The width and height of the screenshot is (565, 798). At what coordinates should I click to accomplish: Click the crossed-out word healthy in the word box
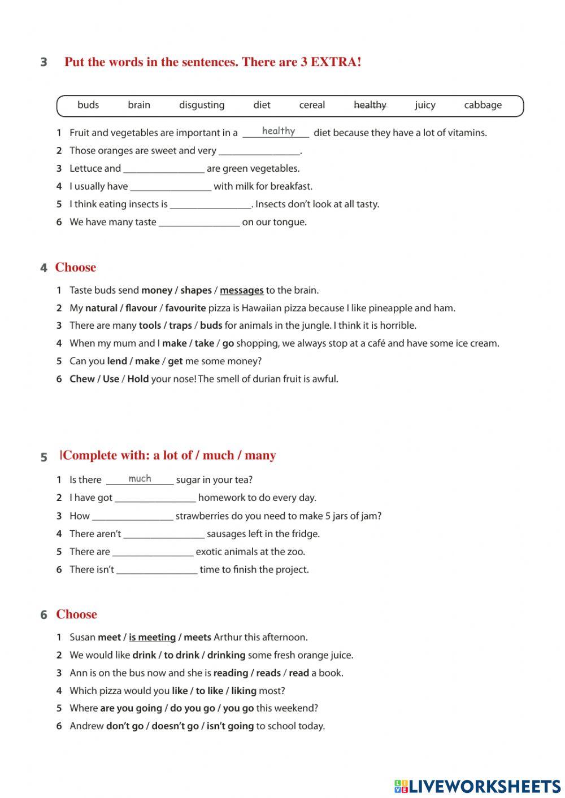coord(370,105)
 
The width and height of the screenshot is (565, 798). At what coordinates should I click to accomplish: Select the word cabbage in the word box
coord(483,105)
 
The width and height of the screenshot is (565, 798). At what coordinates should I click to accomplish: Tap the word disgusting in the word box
coord(202,105)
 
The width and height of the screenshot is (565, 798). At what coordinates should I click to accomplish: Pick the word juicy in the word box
coord(425,105)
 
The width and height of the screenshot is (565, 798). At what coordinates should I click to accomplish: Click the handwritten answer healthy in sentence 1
coord(278,131)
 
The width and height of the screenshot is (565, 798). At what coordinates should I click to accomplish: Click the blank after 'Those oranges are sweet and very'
coord(259,151)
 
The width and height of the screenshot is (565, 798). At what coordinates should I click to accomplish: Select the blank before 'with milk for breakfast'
coord(171,186)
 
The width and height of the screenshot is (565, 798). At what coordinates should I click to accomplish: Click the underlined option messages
coord(241,290)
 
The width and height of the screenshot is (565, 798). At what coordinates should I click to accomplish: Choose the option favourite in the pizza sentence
coord(185,308)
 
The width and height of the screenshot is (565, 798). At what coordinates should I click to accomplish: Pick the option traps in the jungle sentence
coord(180,326)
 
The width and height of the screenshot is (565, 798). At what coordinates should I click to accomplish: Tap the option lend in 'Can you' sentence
coord(117,361)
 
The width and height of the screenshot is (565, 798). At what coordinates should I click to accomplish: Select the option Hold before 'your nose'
coord(138,379)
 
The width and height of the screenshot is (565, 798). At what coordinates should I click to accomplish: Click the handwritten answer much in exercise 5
coord(140,479)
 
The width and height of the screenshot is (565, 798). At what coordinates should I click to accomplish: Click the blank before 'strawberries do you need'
coord(132,516)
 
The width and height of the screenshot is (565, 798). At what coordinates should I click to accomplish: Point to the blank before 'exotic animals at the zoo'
coord(153,552)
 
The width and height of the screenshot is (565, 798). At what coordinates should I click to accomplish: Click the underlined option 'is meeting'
coord(152,638)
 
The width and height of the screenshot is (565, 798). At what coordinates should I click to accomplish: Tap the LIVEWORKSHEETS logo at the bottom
coord(477,786)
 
